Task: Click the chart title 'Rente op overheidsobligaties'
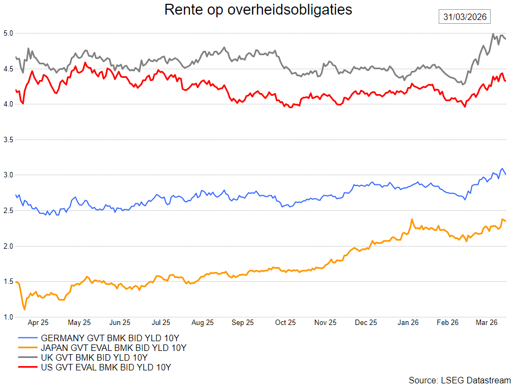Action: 257,10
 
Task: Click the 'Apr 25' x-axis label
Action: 38,323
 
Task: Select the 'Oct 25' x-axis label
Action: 285,323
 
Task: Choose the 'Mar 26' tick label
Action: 486,323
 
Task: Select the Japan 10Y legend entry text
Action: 114,348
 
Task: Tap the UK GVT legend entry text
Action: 94,357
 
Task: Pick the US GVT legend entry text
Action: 106,368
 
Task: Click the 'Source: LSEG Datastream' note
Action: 459,379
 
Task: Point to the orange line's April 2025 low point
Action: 24,309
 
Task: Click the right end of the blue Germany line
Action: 505,174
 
